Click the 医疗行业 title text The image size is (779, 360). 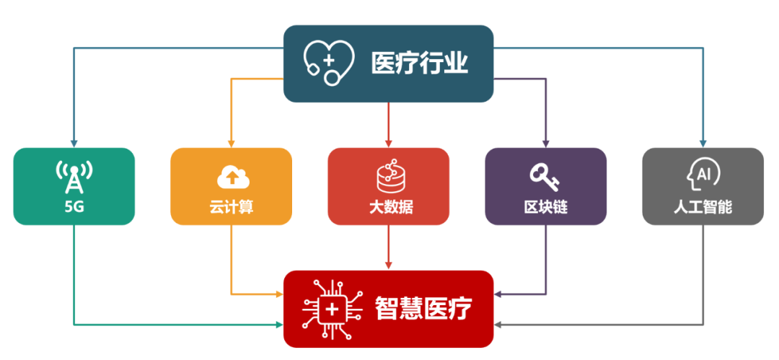(x=419, y=63)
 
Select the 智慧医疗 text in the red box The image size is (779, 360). (x=423, y=309)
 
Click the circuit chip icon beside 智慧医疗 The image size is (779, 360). (x=332, y=309)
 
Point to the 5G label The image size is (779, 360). (x=74, y=207)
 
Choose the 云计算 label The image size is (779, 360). (x=231, y=207)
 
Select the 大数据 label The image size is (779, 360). (x=389, y=207)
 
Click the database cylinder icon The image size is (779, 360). (x=389, y=175)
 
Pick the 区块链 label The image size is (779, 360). (x=545, y=207)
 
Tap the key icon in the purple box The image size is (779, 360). (x=545, y=176)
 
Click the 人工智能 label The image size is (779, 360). (x=703, y=207)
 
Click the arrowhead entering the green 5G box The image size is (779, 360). (x=74, y=144)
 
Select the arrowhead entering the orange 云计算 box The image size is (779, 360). (x=231, y=144)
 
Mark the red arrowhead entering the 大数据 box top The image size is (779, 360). (x=389, y=144)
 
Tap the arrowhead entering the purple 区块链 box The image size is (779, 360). (x=545, y=144)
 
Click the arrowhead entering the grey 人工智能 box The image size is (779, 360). (x=703, y=144)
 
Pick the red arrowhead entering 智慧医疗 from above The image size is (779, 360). (x=389, y=266)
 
